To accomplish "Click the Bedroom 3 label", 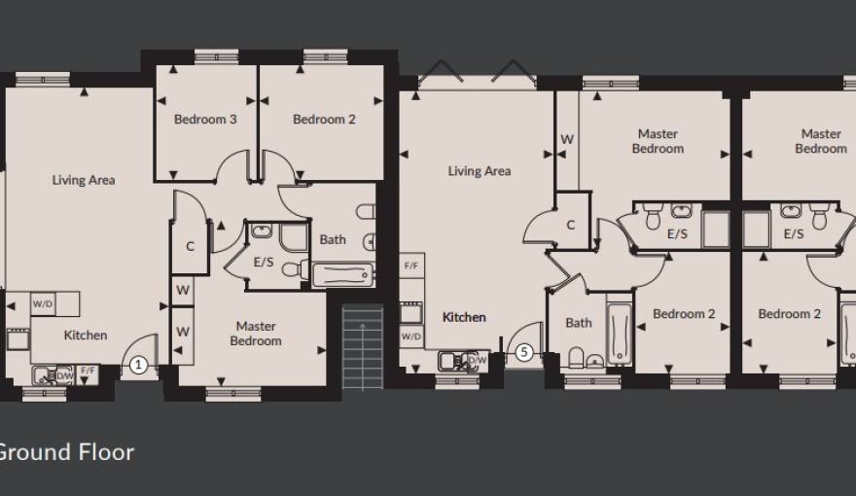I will click(x=205, y=120).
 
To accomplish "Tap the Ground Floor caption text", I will click(x=66, y=452).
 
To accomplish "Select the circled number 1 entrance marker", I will click(x=138, y=366).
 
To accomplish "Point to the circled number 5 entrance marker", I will click(x=524, y=353).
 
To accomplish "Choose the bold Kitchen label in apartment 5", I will click(x=464, y=317).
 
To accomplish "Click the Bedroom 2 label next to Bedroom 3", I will click(x=324, y=120).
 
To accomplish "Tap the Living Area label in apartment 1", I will click(x=84, y=180).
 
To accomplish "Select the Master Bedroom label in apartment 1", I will click(x=256, y=334).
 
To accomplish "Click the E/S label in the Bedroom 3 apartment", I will click(x=264, y=262).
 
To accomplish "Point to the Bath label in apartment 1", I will click(x=333, y=239).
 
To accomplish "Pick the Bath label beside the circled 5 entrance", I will click(x=579, y=323).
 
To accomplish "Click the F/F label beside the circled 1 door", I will click(x=89, y=371).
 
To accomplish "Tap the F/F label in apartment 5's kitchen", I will click(x=411, y=265).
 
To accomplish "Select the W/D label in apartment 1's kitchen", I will click(x=43, y=303).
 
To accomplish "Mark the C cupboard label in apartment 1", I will click(x=191, y=247).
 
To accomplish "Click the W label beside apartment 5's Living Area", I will click(x=567, y=140).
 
